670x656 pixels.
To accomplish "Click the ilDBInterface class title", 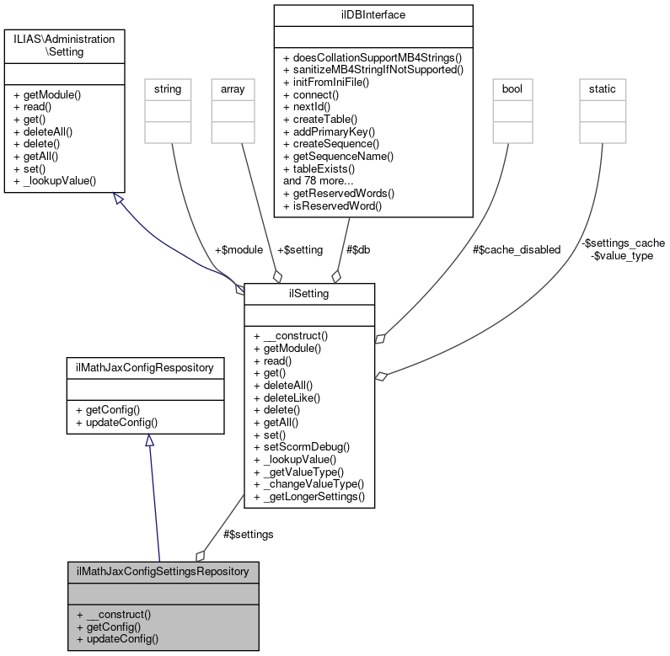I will click(x=372, y=14).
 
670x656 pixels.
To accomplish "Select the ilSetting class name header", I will click(x=309, y=293).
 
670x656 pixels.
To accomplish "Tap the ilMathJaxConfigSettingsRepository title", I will click(x=163, y=571).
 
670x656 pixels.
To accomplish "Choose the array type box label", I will click(x=232, y=88).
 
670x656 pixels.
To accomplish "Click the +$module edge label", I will click(x=239, y=250).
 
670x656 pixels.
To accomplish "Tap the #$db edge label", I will click(x=359, y=250).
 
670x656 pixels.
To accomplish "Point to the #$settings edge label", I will click(x=248, y=534).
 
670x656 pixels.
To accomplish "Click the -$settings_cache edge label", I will click(x=623, y=243).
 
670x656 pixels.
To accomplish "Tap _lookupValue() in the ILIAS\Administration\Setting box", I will click(x=55, y=180).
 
